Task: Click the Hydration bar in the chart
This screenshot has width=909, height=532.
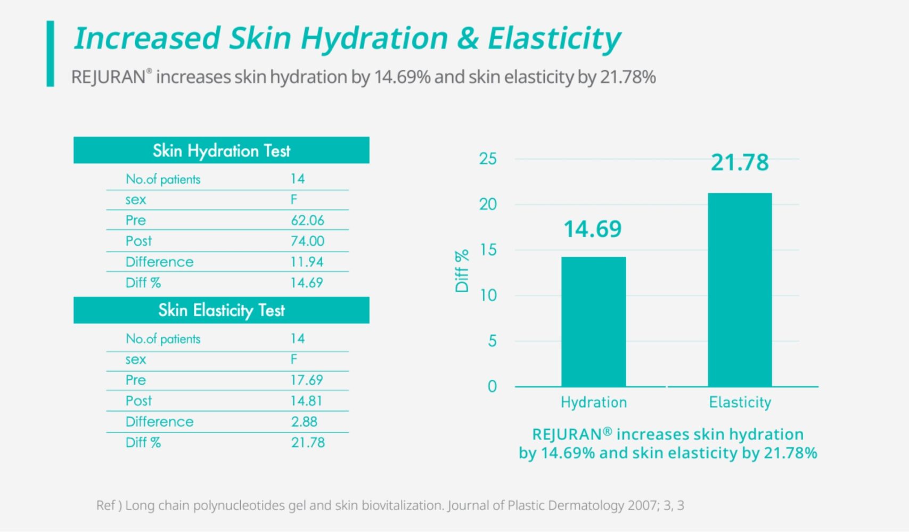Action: pos(593,321)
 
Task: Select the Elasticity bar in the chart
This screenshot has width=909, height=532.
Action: pos(740,289)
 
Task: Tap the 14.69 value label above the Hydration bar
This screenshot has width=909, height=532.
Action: pos(593,229)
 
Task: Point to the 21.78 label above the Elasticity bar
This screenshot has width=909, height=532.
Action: pos(740,162)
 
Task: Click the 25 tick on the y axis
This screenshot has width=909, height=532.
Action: pos(488,159)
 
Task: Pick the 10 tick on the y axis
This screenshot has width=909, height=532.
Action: pos(488,295)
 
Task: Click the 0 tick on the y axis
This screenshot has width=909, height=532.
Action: pos(492,386)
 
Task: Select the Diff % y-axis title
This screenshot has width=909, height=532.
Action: pos(462,271)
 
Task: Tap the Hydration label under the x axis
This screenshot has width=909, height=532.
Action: pos(594,402)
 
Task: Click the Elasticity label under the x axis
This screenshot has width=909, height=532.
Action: pos(740,402)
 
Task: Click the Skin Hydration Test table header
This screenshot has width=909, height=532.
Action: pos(222,151)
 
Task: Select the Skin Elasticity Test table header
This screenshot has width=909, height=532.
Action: pos(222,310)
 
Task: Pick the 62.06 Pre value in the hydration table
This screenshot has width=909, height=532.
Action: pos(307,220)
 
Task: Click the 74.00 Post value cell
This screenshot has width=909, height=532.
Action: pos(307,241)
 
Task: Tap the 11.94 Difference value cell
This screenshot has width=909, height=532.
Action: pos(307,262)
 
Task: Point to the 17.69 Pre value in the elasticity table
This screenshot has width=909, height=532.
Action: pos(307,380)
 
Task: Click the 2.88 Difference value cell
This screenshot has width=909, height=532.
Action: pos(304,421)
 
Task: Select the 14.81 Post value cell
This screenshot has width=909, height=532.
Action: pos(306,401)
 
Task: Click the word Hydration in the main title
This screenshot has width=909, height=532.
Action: pos(374,39)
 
